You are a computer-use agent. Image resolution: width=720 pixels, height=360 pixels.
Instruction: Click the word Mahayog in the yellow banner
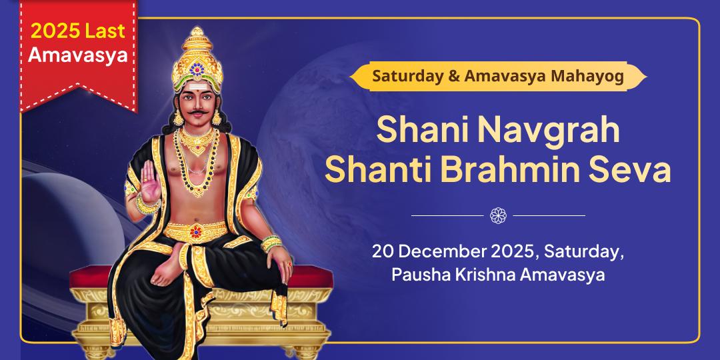coord(588,76)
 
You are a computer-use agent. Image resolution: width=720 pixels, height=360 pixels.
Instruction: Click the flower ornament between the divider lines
coord(498,215)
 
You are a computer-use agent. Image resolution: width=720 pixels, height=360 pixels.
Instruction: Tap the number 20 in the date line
coord(381,252)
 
